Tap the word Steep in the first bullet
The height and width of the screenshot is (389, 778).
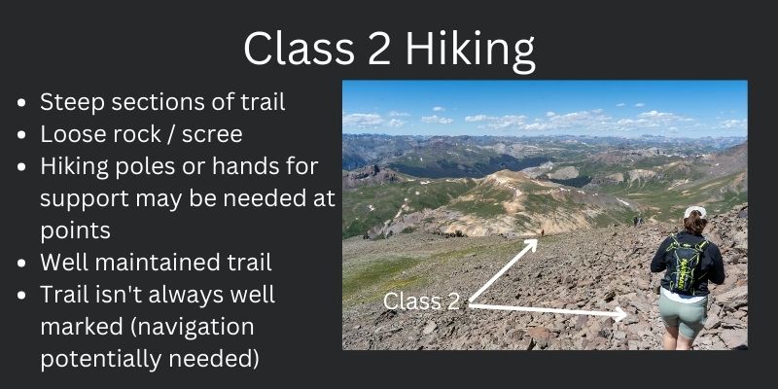71,102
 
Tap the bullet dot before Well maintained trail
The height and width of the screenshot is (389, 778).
23,262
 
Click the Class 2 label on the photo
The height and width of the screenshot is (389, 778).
421,301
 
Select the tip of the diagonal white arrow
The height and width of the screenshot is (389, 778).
536,239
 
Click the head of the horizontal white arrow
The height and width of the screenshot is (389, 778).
624,314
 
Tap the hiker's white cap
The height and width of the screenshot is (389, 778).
694,212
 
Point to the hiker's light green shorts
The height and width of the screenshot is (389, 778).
684,309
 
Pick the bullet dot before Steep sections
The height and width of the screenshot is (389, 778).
23,102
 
